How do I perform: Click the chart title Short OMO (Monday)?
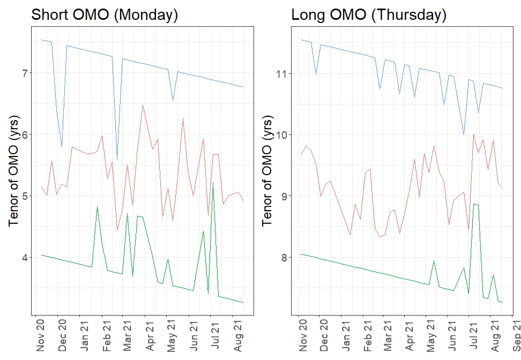click(105, 15)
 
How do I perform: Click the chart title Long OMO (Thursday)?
click(369, 15)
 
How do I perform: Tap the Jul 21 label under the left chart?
click(215, 335)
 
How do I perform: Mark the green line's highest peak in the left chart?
click(213, 182)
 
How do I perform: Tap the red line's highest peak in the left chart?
click(143, 106)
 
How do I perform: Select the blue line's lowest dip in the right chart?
click(464, 134)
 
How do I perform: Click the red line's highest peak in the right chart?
click(473, 134)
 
